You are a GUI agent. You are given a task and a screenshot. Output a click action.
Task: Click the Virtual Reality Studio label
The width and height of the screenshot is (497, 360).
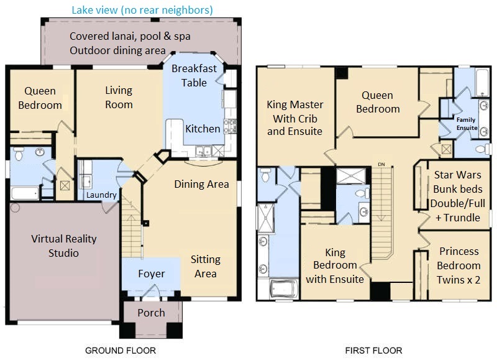tap(64, 246)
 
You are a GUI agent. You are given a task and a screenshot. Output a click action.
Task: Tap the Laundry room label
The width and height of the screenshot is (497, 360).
tap(101, 195)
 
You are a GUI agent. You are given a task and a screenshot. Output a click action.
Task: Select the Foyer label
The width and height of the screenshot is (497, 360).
tap(152, 274)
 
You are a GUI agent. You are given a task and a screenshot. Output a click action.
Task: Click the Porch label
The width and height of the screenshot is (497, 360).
tap(151, 313)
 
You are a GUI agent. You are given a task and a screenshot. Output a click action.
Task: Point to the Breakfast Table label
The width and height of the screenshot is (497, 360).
tap(194, 75)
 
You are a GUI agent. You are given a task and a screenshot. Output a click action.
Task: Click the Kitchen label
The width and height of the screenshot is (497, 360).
tap(203, 129)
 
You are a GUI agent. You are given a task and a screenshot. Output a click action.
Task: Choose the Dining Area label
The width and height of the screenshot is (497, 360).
tap(201, 184)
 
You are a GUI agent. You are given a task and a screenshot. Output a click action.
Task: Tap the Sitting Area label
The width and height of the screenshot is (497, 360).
tap(206, 267)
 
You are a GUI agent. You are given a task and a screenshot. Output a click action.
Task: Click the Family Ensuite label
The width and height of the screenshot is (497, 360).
tap(467, 124)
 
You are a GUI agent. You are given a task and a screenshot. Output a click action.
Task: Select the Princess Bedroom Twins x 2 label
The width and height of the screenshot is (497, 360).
tap(458, 265)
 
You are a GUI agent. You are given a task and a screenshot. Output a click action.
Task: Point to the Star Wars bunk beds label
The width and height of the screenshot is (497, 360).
tap(458, 196)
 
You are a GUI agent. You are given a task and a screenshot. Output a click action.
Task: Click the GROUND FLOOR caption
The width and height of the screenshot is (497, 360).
tap(121, 351)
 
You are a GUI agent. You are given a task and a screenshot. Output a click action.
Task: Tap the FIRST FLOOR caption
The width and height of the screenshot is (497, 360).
tap(374, 351)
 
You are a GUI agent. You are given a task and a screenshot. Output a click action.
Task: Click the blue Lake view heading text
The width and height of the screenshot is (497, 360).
tap(142, 10)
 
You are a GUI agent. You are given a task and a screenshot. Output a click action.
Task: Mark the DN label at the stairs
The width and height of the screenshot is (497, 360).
tap(381, 164)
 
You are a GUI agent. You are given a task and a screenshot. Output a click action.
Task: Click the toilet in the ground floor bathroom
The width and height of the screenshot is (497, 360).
tap(19, 153)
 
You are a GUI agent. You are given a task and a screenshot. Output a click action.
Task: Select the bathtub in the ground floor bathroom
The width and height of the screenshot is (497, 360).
tap(25, 193)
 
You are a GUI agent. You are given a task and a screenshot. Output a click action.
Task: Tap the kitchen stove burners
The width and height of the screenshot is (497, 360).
tap(230, 126)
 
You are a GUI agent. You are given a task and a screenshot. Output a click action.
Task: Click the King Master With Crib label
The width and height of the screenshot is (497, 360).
tap(294, 118)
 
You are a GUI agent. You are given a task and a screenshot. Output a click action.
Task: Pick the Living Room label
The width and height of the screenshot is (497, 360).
tap(119, 98)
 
